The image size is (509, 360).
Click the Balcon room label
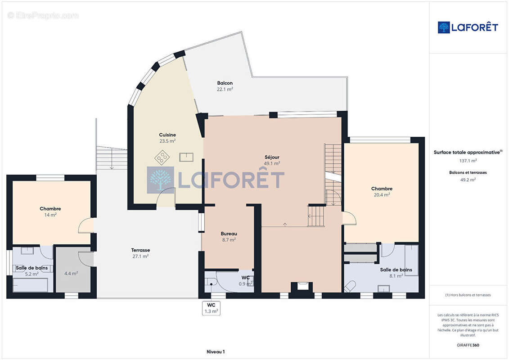coord(225,83)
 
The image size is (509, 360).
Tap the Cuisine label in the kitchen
coord(167,135)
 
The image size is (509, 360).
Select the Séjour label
coord(272,157)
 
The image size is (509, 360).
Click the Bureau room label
coord(229,234)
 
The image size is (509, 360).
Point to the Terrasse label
coord(140,250)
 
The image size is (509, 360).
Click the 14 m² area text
coord(50,215)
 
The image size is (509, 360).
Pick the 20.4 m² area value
coord(382,195)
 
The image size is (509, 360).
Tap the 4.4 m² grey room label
coord(71,273)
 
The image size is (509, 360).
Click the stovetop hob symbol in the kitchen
coord(162,157)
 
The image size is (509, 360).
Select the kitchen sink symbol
coord(186,157)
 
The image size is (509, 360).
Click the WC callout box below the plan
coord(212,308)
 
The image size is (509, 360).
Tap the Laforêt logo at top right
coord(468,27)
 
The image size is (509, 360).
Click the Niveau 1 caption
coord(216,351)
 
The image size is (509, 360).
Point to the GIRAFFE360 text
coord(468,345)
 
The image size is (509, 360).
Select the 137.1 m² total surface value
coord(468,161)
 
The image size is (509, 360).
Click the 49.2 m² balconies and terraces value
coord(468,180)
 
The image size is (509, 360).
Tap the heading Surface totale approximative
coord(467,153)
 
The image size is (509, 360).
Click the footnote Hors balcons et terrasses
coord(468,295)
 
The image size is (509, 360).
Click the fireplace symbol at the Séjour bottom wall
coord(302,286)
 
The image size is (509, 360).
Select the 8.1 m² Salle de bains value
coord(396,276)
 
